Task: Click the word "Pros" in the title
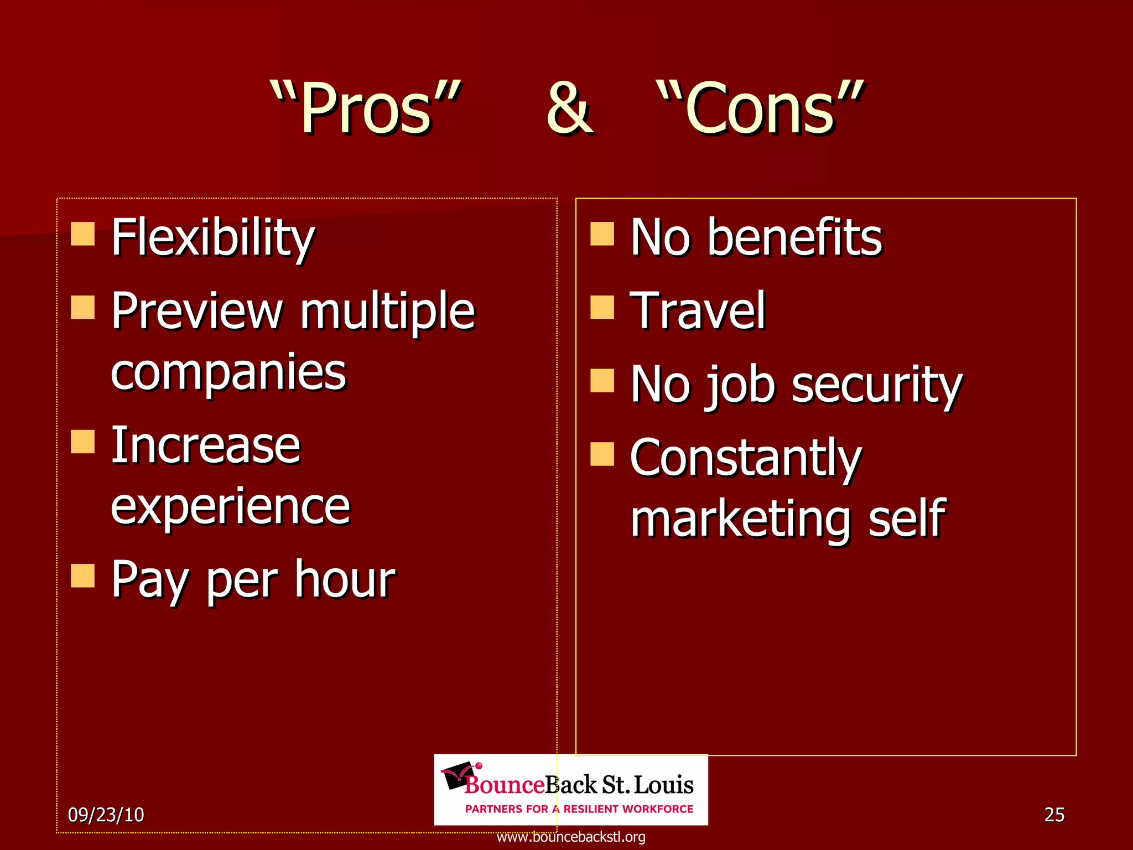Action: [x=366, y=108]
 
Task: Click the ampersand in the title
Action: [x=569, y=108]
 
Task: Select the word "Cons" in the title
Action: [x=760, y=108]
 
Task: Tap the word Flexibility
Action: [x=213, y=238]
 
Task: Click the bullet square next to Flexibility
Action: [x=83, y=234]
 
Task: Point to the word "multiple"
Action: [x=387, y=311]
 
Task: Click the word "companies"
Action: [x=228, y=372]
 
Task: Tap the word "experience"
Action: [x=231, y=506]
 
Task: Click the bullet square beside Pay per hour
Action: [x=83, y=576]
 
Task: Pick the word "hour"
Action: [x=345, y=579]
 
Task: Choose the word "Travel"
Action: [x=698, y=311]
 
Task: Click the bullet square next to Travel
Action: [x=602, y=307]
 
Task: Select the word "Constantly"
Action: [x=746, y=458]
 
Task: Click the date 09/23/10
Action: [x=106, y=815]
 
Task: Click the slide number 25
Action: [x=1054, y=815]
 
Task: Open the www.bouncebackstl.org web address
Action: [x=571, y=837]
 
